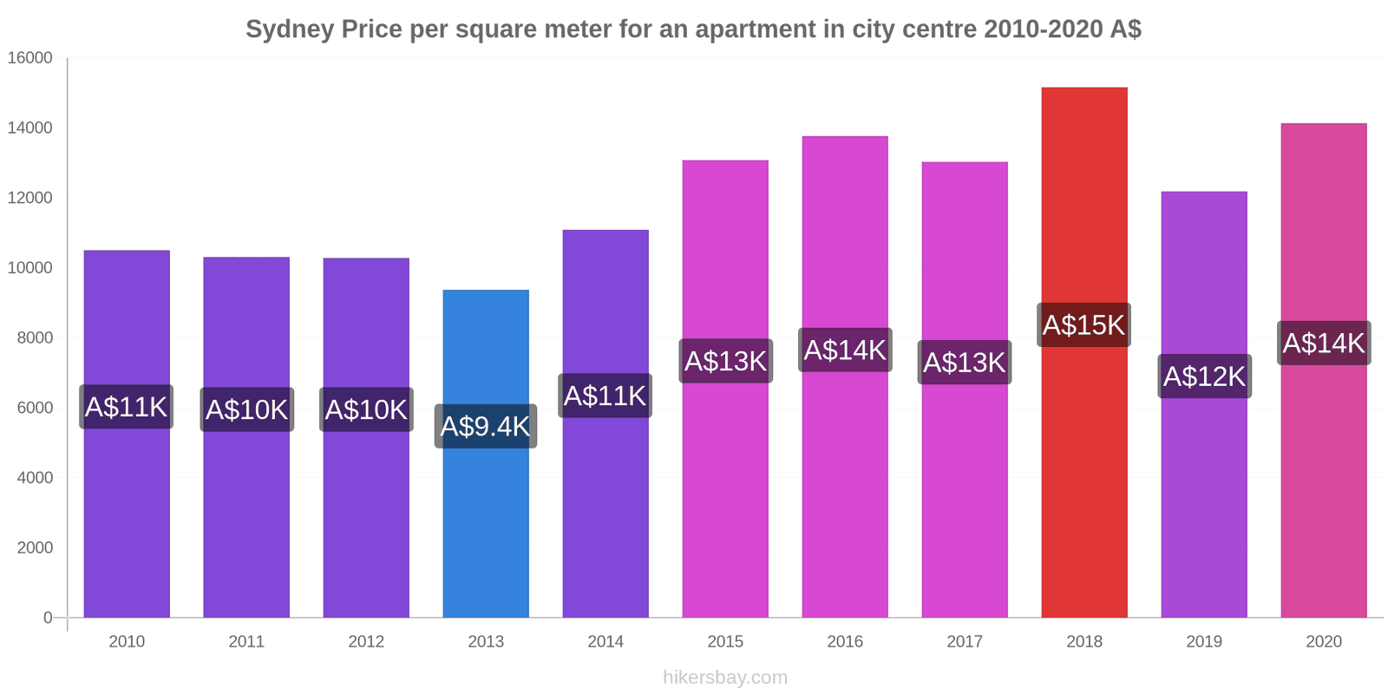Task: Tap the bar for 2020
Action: coord(1323,486)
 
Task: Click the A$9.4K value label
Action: coord(486,426)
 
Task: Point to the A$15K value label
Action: coord(1084,325)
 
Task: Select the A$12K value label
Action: coord(1204,376)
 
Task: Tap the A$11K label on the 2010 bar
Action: coord(127,407)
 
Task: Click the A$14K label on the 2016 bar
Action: coord(845,350)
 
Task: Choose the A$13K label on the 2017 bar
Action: coord(965,363)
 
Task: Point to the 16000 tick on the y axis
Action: coord(30,58)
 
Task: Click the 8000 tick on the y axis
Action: coord(35,337)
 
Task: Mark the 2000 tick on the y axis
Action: coord(35,547)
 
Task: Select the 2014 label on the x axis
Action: coord(606,642)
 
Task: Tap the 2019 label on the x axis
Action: coord(1204,642)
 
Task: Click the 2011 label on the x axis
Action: coord(246,642)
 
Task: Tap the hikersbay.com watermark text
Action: coord(725,678)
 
